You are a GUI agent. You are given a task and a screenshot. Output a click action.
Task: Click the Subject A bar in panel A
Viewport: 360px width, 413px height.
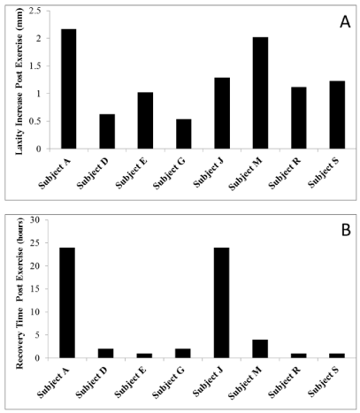point(68,88)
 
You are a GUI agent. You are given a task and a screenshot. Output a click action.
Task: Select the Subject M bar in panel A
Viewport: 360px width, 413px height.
point(260,93)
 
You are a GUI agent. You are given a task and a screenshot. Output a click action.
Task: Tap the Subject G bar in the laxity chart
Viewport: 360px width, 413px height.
point(183,134)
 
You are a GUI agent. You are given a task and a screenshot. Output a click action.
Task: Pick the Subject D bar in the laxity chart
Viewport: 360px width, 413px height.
point(107,132)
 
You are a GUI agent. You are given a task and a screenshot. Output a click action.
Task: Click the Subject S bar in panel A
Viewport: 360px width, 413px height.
point(337,115)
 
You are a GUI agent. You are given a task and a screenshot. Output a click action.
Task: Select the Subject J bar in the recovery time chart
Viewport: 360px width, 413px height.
point(222,302)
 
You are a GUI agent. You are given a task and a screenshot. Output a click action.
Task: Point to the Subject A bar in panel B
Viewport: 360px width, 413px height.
point(67,302)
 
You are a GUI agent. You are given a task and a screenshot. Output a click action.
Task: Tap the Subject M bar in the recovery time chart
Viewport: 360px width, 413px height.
point(260,348)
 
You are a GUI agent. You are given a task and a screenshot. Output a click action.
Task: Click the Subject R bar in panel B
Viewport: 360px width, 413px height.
point(299,356)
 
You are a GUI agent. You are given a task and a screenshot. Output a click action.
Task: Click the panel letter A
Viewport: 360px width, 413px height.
point(345,22)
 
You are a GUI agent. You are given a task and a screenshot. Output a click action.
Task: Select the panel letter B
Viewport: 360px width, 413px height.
point(346,230)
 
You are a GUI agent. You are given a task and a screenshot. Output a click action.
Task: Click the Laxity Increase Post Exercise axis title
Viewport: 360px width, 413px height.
point(19,80)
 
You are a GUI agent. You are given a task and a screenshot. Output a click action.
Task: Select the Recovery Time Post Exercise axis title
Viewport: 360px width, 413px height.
point(19,294)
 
